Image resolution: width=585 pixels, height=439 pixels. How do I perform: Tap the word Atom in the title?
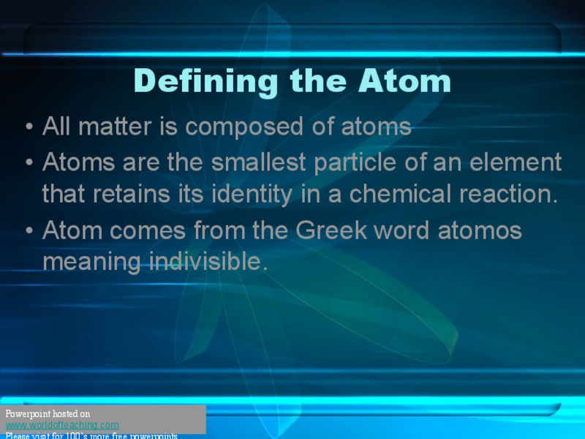(x=404, y=80)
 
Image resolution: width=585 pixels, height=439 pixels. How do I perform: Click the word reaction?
(x=509, y=194)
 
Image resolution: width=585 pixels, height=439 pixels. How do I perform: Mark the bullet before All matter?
(x=29, y=127)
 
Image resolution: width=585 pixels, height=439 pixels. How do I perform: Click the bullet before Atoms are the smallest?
(x=29, y=162)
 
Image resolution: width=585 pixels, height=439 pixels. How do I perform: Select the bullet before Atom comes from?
(x=29, y=231)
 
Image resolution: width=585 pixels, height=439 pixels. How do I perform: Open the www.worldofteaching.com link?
(x=62, y=425)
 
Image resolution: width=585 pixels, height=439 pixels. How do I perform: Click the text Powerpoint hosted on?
(x=48, y=414)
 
